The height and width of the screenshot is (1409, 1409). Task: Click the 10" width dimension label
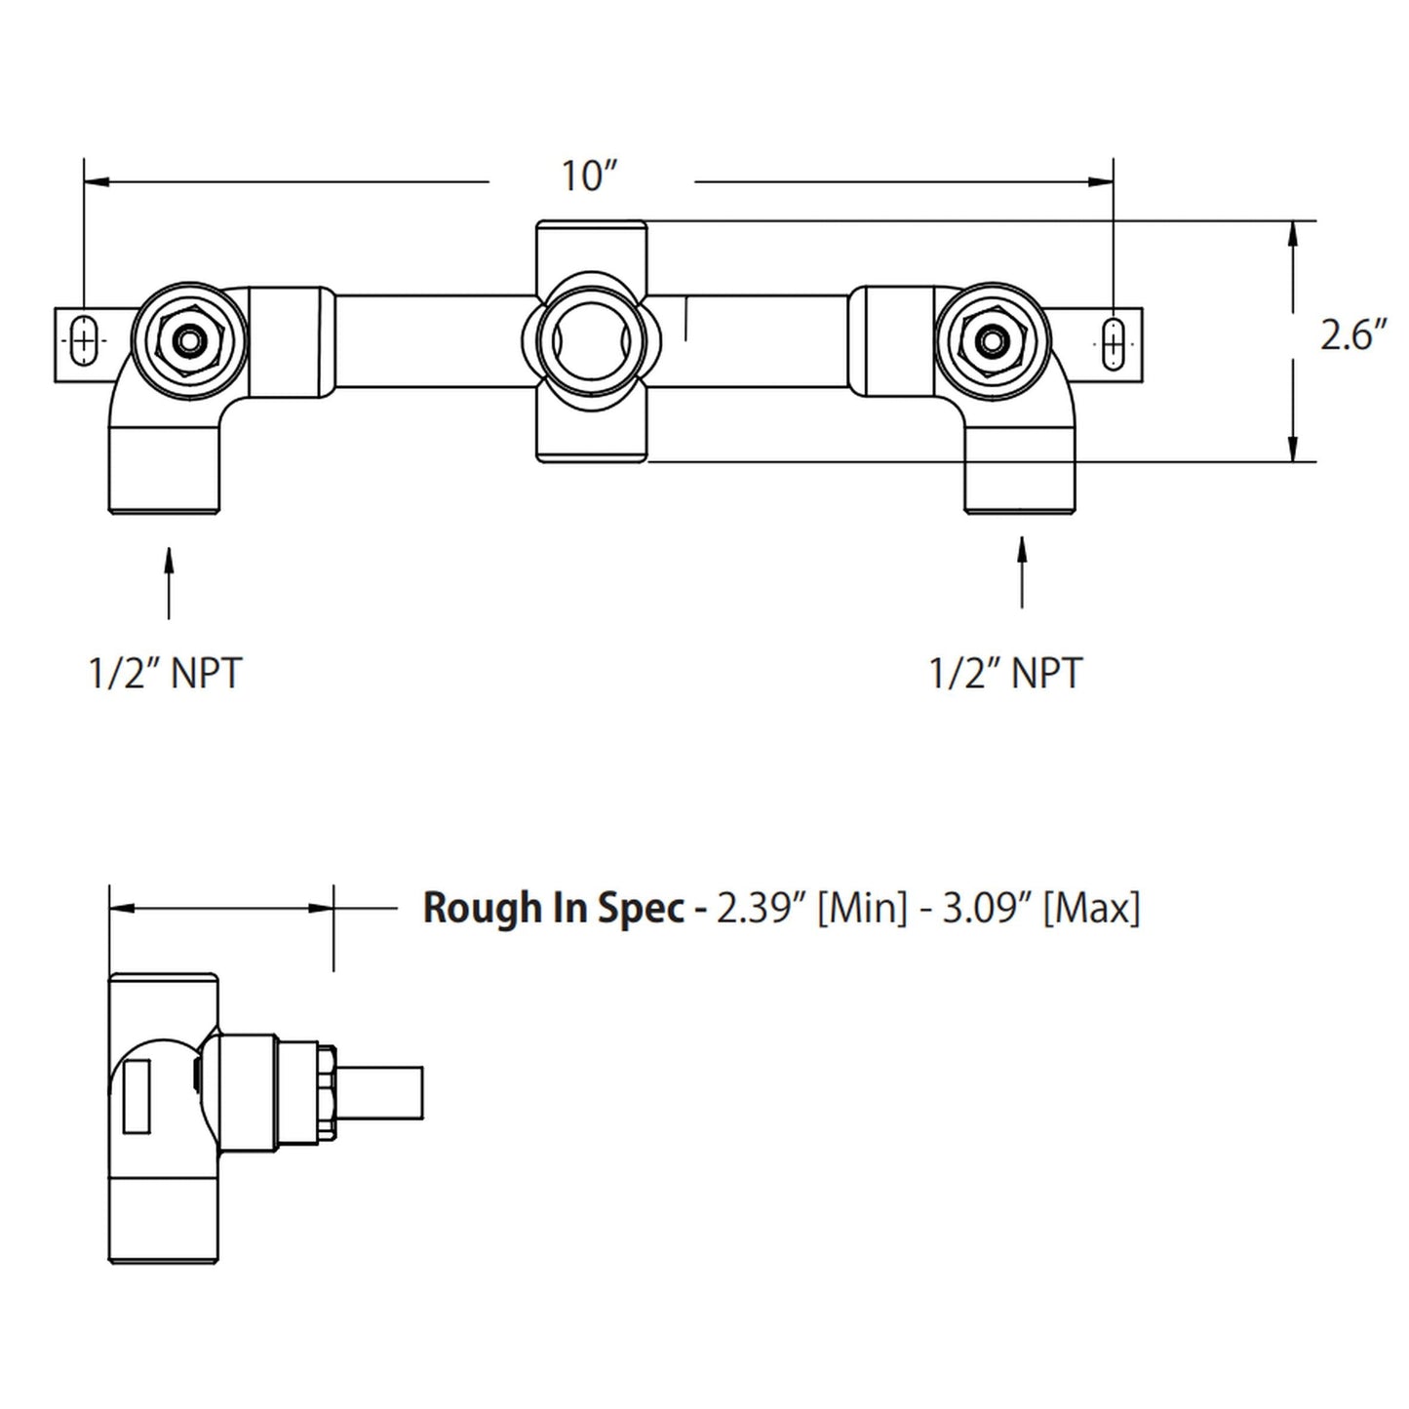coord(589,176)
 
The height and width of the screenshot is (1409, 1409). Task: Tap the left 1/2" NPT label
coord(165,674)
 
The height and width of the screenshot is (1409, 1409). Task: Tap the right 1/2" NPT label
coord(1005,674)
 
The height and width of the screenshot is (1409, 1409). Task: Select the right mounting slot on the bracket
coord(1113,342)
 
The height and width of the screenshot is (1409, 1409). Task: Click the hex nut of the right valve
coord(993,341)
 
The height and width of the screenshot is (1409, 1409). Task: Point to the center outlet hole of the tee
coord(590,341)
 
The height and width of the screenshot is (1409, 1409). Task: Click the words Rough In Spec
coord(553,908)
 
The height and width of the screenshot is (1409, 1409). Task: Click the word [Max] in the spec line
coord(1091,908)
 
